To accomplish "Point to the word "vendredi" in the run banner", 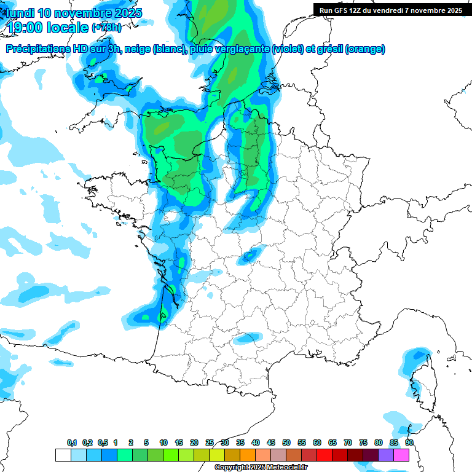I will [x=401, y=10].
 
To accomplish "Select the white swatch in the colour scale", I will [x=63, y=455].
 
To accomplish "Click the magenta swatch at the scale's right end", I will [x=401, y=455].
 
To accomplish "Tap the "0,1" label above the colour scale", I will [x=72, y=443].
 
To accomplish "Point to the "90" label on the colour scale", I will [x=409, y=443].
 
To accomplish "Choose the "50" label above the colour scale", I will [x=286, y=443].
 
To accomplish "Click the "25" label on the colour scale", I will [x=210, y=443].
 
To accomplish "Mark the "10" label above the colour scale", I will [x=163, y=443].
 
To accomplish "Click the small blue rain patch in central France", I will [x=251, y=254].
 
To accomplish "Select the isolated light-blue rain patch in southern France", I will [x=248, y=338].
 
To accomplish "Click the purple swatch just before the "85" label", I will [x=386, y=455].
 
